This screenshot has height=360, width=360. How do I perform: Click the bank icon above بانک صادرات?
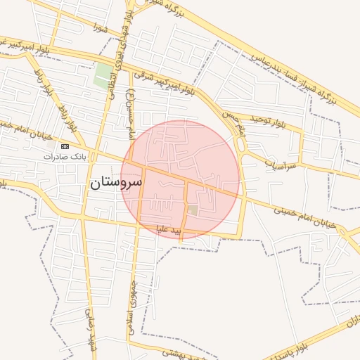65,146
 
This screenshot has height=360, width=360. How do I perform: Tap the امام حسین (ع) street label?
131,112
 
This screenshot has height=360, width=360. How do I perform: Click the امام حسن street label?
232,123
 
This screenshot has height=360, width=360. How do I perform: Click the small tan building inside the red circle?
193,210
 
